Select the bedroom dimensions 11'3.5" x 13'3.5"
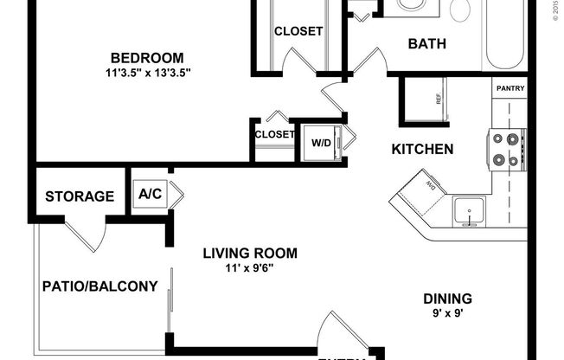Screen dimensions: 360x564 tap(144, 73)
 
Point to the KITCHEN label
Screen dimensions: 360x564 tap(423, 150)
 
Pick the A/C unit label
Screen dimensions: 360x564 tap(150, 195)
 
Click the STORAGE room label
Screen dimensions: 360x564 tap(80, 196)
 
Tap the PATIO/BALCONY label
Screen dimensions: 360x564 tap(99, 286)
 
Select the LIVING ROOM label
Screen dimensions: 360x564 tap(250, 254)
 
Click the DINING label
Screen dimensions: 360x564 tap(447, 299)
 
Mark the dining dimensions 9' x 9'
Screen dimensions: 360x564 tap(447, 314)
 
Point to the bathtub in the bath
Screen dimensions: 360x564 tap(505, 35)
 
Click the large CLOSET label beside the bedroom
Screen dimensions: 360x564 tap(298, 31)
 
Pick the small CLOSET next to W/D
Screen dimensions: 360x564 tap(274, 134)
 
